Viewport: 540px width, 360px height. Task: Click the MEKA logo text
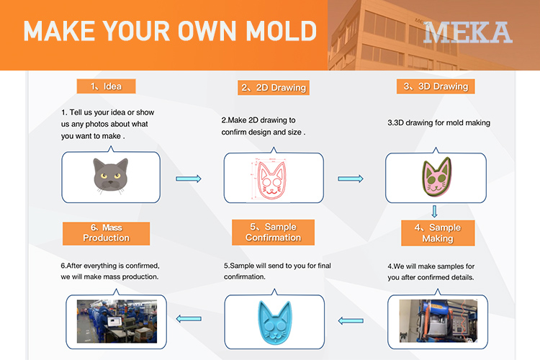coord(468,32)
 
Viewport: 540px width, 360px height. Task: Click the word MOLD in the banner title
coord(281,31)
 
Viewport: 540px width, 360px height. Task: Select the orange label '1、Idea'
coord(106,86)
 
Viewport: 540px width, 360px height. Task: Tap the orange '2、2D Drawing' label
coord(274,88)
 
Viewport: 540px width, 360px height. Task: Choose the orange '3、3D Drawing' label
coord(436,86)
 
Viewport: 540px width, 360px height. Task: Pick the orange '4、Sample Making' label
coord(438,233)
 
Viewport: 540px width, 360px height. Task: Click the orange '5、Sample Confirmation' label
coord(273,232)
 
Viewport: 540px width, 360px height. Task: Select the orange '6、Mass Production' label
coord(106,233)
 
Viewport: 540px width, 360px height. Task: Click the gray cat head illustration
coord(111,176)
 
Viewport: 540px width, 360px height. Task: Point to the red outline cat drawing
coord(271,180)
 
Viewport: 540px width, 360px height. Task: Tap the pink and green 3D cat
coord(437,176)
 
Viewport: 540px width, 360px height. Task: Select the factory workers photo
coord(117,321)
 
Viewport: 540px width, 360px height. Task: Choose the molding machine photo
coord(438,320)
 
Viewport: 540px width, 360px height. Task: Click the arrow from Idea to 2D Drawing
coord(189,179)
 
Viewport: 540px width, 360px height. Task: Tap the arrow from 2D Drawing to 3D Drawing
coord(351,179)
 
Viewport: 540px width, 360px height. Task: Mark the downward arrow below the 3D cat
coord(435,211)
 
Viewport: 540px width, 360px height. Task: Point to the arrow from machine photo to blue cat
coord(351,320)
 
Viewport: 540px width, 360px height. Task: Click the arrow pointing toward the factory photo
coord(189,319)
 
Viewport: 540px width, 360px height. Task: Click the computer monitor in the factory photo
coord(114,321)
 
